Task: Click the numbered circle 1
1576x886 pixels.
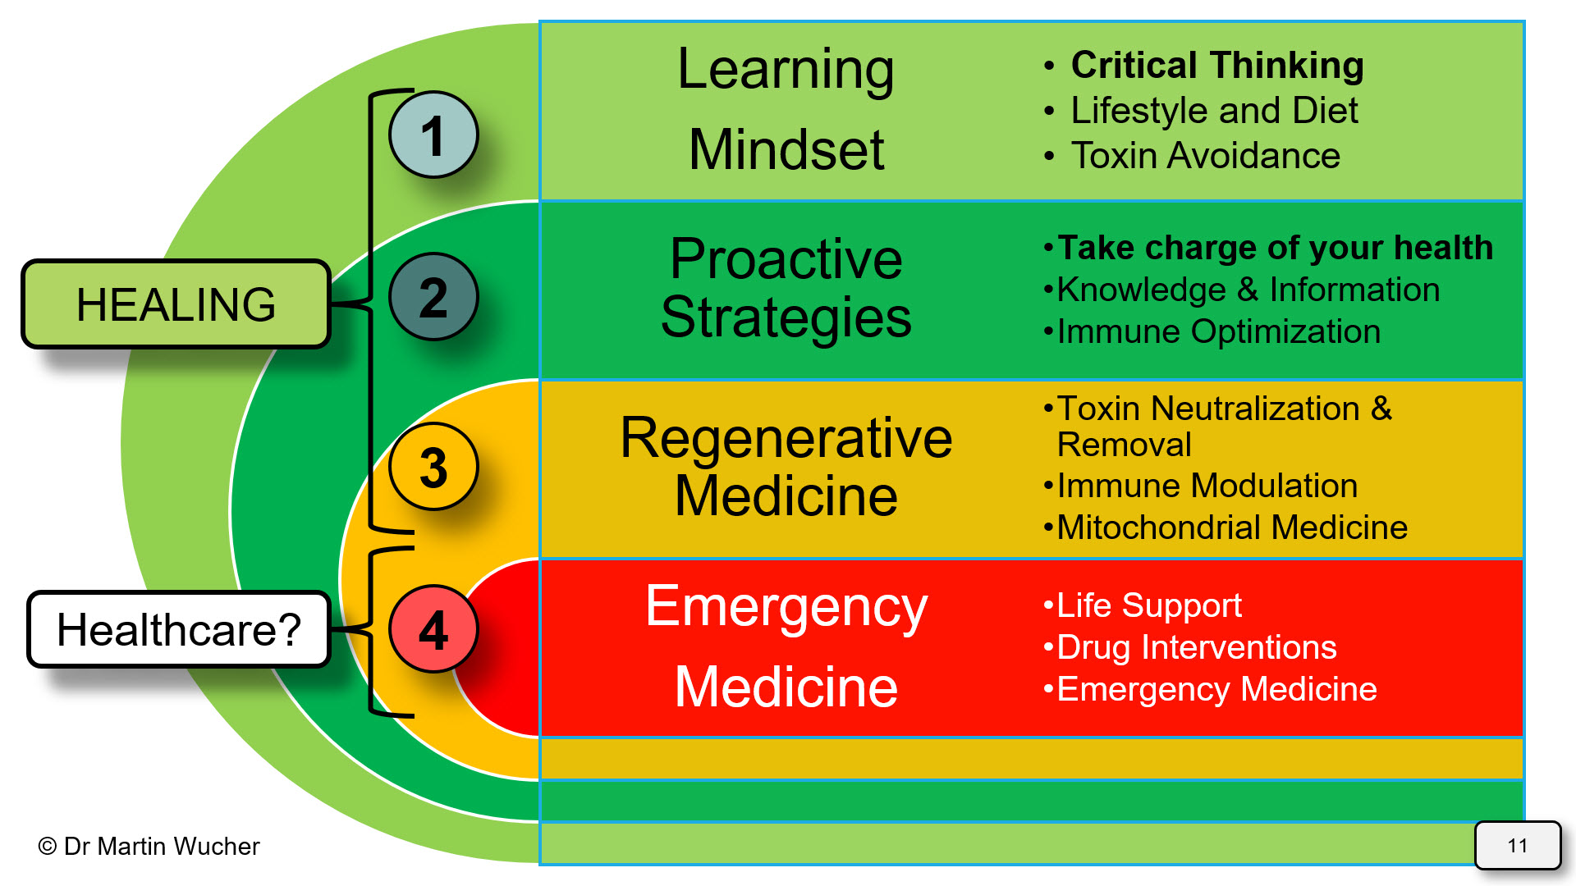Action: tap(433, 135)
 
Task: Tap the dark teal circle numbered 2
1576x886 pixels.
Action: tap(433, 296)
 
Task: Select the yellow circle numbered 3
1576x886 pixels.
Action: tap(433, 467)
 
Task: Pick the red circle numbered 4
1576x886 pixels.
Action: tap(433, 629)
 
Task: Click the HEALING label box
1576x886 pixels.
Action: tap(176, 304)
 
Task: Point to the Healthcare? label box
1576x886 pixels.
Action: tap(179, 629)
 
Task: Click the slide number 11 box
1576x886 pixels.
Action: tap(1517, 845)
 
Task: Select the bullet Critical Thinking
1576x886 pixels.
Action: tap(1216, 66)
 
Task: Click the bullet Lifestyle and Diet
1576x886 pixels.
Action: tap(1213, 111)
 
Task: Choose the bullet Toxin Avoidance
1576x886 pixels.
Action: tap(1205, 156)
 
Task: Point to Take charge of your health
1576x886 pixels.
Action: tap(1275, 248)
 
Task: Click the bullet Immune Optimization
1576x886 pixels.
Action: tap(1218, 331)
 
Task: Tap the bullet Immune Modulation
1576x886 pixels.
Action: tap(1207, 486)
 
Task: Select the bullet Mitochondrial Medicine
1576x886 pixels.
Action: tap(1231, 527)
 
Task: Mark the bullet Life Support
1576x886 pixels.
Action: tap(1148, 605)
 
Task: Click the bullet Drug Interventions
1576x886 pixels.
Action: tap(1196, 647)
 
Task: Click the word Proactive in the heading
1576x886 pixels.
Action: tap(786, 259)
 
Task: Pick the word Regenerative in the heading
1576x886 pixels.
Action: tap(786, 438)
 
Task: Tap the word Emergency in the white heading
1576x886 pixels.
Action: tap(786, 607)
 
